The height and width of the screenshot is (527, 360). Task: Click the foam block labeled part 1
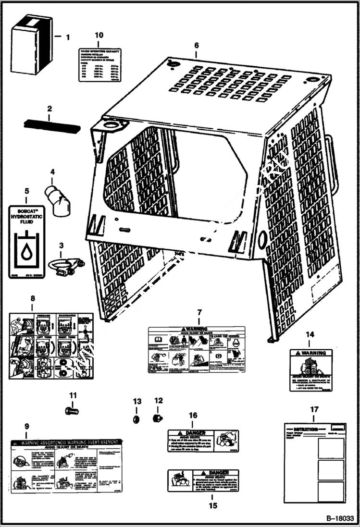31,44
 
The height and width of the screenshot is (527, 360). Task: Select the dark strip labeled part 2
51,126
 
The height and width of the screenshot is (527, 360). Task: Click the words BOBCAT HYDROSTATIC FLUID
28,218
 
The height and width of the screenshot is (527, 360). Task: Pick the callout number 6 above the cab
196,45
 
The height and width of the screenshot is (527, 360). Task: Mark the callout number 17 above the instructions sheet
314,409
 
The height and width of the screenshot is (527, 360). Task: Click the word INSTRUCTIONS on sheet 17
306,430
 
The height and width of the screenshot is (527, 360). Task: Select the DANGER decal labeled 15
203,480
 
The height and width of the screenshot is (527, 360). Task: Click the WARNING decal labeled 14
310,369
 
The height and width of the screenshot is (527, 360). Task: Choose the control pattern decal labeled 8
51,345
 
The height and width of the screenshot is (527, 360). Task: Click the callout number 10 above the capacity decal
99,36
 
